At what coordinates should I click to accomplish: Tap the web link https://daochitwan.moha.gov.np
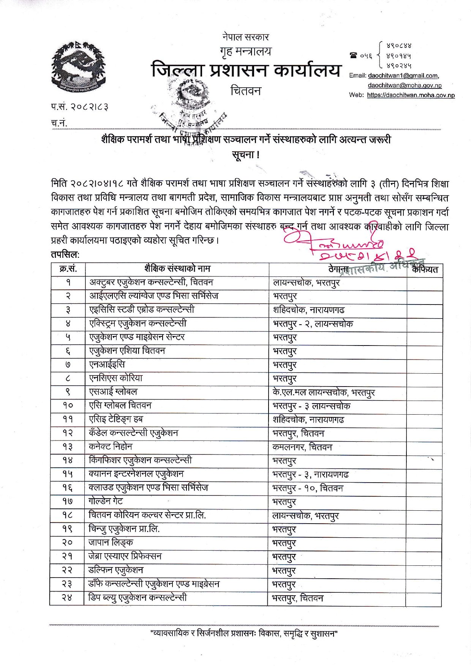pyautogui.click(x=411, y=95)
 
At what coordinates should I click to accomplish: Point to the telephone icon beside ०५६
pyautogui.click(x=354, y=56)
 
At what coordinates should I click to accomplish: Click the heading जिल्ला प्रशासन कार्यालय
pyautogui.click(x=246, y=71)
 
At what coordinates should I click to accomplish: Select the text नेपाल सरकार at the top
pyautogui.click(x=246, y=37)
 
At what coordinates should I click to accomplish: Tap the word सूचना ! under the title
pyautogui.click(x=246, y=155)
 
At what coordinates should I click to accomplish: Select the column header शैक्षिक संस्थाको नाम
pyautogui.click(x=177, y=269)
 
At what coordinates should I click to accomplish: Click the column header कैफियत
pyautogui.click(x=425, y=270)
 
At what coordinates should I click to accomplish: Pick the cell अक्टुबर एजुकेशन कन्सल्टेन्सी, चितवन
pyautogui.click(x=151, y=282)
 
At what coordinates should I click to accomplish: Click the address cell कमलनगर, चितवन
pyautogui.click(x=302, y=447)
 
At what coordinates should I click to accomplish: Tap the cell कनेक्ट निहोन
pyautogui.click(x=111, y=447)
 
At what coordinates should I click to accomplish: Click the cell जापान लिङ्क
pyautogui.click(x=111, y=543)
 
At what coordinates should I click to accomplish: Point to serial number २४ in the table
pyautogui.click(x=67, y=598)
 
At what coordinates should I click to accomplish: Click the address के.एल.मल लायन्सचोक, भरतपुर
pyautogui.click(x=324, y=392)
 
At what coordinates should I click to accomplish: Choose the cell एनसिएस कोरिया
pyautogui.click(x=116, y=378)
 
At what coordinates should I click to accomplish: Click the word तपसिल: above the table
pyautogui.click(x=65, y=254)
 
